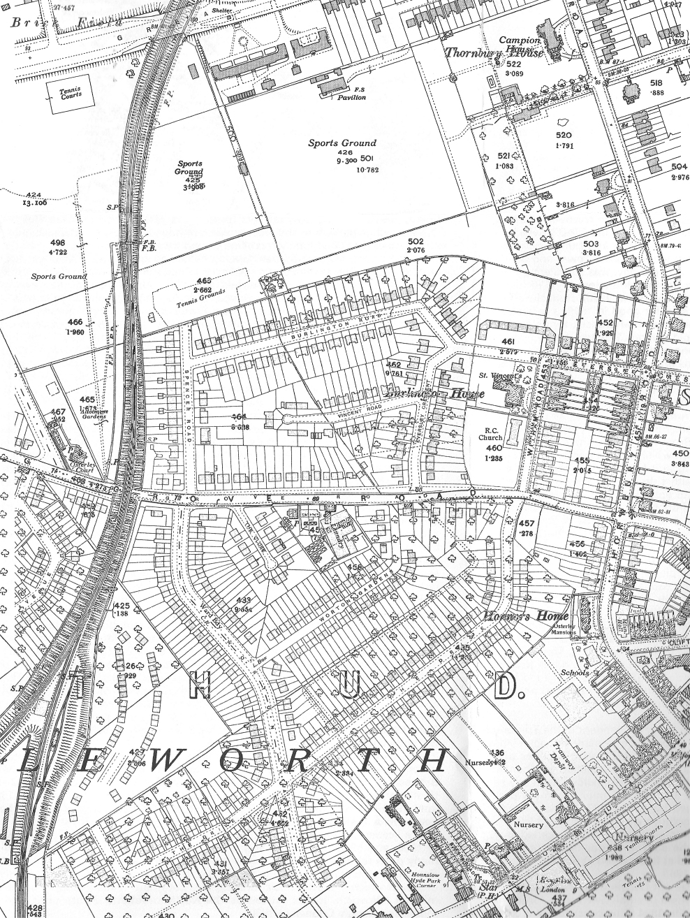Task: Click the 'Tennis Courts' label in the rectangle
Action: [x=70, y=94]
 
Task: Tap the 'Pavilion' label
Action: [x=352, y=98]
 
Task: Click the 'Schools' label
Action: [x=575, y=673]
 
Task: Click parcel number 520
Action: [x=564, y=136]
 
